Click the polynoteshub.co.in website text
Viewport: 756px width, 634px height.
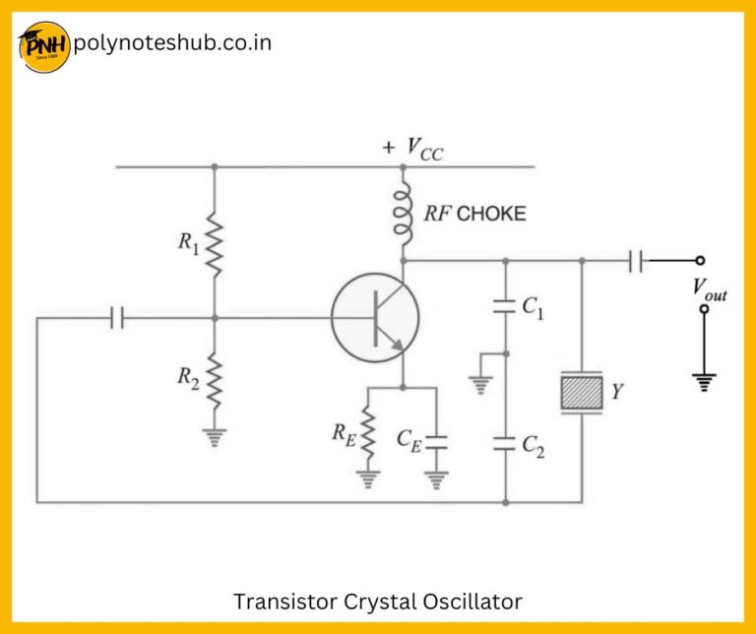point(172,43)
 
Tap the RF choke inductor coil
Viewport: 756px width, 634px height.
point(403,216)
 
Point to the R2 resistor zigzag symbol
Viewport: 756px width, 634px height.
point(215,380)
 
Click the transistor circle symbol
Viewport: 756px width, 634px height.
point(375,317)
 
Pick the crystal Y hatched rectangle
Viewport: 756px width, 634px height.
point(581,393)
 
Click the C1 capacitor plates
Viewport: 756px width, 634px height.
point(506,306)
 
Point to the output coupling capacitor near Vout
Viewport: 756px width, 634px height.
point(636,261)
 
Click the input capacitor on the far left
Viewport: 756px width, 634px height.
point(117,318)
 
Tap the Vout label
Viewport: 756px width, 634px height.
point(709,288)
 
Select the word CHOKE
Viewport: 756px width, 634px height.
point(491,213)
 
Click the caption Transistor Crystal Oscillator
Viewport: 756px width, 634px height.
point(378,601)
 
